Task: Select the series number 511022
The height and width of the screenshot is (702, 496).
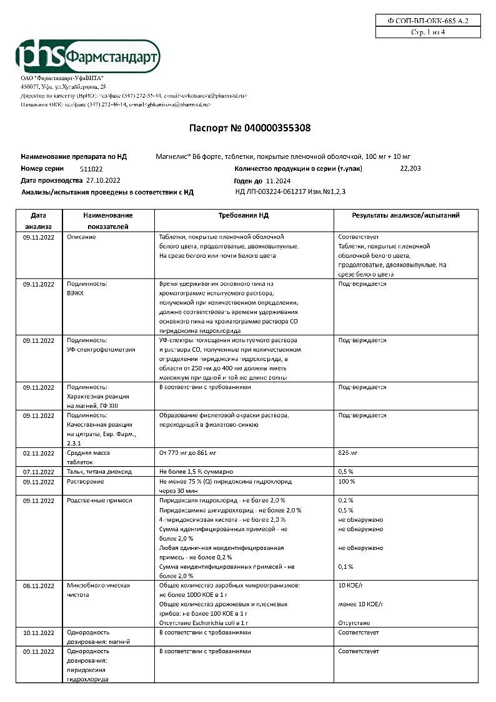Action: point(92,169)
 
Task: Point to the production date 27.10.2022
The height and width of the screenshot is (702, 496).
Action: point(103,180)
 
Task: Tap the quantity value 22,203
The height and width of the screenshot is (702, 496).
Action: point(410,168)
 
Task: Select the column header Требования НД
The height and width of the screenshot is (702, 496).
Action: point(244,215)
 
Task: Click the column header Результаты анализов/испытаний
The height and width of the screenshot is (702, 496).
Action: point(405,215)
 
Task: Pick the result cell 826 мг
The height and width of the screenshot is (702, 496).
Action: point(347,452)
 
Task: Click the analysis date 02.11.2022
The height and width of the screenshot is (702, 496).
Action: point(39,452)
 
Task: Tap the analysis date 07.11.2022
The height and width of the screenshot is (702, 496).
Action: point(39,471)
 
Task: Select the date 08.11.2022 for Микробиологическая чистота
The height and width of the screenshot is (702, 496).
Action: point(39,586)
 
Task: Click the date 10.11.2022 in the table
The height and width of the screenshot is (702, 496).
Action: point(39,633)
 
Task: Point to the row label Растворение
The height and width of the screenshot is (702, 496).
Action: point(86,482)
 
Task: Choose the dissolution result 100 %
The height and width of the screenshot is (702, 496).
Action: point(347,482)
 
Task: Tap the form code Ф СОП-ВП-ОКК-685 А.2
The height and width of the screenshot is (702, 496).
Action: point(427,21)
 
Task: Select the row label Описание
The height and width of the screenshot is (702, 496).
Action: point(81,237)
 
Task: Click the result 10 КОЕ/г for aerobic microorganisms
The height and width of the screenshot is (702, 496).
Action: point(350,586)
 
